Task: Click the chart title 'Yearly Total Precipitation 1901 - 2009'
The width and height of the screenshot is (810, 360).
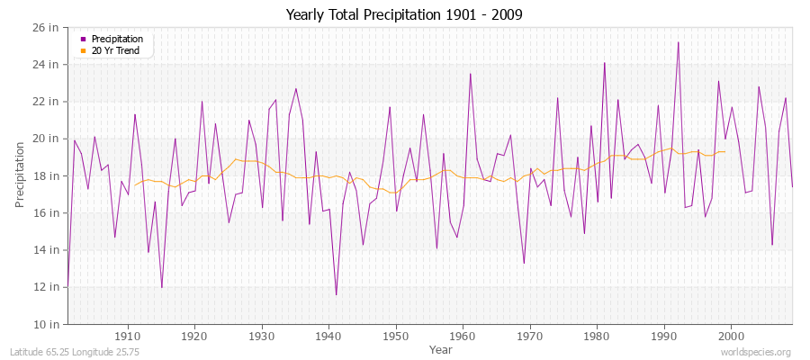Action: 404,14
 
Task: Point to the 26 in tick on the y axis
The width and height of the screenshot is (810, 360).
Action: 46,27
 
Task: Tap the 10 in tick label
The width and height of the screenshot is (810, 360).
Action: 46,324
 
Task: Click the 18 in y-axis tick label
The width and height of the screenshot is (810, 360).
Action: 46,175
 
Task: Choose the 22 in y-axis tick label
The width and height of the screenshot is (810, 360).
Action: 46,101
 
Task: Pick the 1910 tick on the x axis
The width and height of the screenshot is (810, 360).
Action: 128,337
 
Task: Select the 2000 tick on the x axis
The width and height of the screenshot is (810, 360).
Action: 731,337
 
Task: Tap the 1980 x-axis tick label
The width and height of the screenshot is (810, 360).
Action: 597,337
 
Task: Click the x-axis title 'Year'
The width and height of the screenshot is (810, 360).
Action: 441,349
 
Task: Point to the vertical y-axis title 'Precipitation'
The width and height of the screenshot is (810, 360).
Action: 20,175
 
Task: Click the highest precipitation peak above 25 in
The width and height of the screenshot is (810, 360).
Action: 678,42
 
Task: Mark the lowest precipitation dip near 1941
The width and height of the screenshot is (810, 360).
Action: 336,294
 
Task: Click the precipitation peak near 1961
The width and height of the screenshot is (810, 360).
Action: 470,74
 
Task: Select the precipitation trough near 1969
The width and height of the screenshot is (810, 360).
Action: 524,263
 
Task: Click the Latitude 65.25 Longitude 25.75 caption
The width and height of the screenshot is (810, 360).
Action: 60,352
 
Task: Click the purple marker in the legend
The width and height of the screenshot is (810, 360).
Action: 84,40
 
